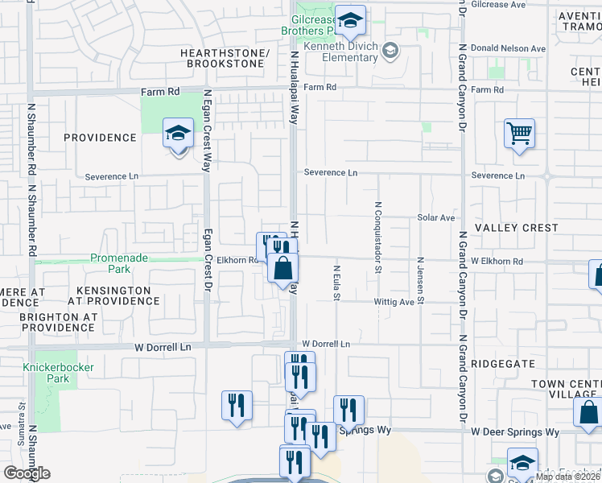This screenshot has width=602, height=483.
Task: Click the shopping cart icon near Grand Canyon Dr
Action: (x=520, y=134)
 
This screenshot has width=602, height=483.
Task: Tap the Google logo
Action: (x=27, y=473)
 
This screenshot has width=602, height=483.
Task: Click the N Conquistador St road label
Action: (x=377, y=237)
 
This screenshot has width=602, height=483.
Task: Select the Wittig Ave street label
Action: (x=394, y=303)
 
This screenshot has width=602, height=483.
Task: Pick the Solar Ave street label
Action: (x=436, y=218)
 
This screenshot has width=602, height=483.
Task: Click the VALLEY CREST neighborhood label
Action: (x=516, y=228)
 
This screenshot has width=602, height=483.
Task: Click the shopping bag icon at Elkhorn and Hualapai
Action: (x=283, y=268)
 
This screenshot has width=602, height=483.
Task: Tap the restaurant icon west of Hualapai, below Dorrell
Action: (x=237, y=406)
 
